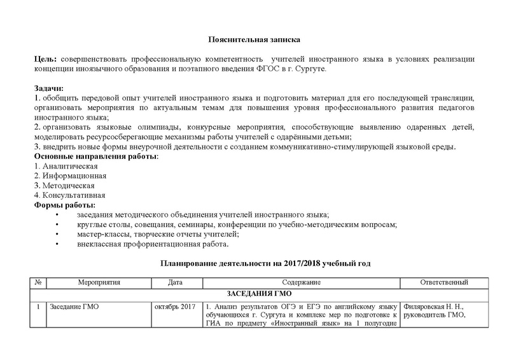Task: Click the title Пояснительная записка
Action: pyautogui.click(x=254, y=40)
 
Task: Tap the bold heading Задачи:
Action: pyautogui.click(x=49, y=87)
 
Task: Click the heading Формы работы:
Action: pyautogui.click(x=64, y=205)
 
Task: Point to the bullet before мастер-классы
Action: pyautogui.click(x=59, y=234)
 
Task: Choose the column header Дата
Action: pyautogui.click(x=176, y=282)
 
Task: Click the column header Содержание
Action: pyautogui.click(x=297, y=282)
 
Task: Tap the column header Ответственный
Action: pyautogui.click(x=445, y=282)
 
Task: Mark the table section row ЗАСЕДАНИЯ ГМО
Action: pyautogui.click(x=254, y=294)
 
